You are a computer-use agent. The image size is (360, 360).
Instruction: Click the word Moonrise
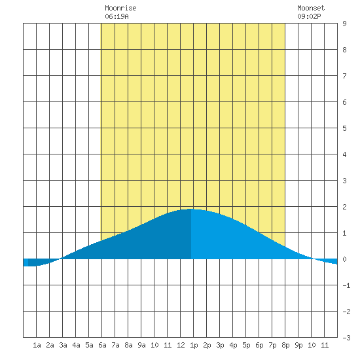tap(120, 8)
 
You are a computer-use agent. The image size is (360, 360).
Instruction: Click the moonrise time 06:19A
tap(117, 16)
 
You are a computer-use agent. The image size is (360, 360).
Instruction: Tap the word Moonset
tap(311, 8)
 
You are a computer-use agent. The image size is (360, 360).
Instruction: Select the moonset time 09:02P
tap(309, 16)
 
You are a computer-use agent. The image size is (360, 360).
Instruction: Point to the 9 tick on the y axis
tap(344, 24)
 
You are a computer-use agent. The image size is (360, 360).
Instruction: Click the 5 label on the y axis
tap(344, 128)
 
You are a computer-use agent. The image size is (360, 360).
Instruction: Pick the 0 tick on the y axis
tap(344, 259)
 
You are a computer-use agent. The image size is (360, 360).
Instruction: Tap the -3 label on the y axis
tap(346, 338)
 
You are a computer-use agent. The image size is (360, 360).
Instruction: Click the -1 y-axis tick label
tap(346, 285)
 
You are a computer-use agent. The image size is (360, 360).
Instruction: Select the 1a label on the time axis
tap(37, 345)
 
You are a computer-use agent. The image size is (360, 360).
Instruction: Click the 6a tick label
tap(102, 345)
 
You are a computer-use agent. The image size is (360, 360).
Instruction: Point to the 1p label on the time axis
tap(194, 345)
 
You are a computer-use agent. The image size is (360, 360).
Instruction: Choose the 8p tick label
tap(285, 345)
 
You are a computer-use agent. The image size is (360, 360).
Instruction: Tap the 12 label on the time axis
tap(181, 345)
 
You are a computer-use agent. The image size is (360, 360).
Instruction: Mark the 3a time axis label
tap(63, 345)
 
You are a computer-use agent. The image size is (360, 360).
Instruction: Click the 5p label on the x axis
tap(246, 345)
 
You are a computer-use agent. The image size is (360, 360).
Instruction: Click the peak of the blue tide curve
tap(191, 209)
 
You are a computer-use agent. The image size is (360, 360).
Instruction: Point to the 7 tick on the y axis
tap(344, 76)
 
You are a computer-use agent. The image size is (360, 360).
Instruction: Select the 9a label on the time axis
tap(141, 345)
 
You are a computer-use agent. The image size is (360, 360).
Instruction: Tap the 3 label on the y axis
tap(344, 181)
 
